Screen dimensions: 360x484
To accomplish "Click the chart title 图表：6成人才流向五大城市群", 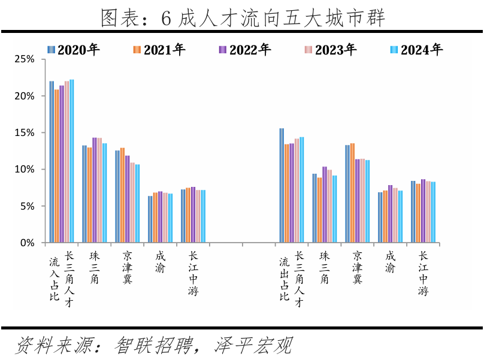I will pyautogui.click(x=242, y=17).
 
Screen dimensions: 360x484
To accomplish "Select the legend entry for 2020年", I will pyautogui.click(x=74, y=50).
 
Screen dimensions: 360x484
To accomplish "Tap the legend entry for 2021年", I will pyautogui.click(x=159, y=50).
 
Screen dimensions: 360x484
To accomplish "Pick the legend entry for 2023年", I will pyautogui.click(x=330, y=50).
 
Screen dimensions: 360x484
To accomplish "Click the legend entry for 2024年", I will pyautogui.click(x=416, y=50).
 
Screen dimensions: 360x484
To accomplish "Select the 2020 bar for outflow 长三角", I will pyautogui.click(x=282, y=186).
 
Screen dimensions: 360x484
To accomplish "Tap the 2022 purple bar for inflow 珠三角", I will pyautogui.click(x=95, y=190).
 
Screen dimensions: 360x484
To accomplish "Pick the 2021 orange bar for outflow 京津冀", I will pyautogui.click(x=352, y=193).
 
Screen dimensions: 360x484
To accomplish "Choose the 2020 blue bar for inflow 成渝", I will pyautogui.click(x=150, y=219).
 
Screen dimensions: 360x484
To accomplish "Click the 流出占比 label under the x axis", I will pyautogui.click(x=285, y=279).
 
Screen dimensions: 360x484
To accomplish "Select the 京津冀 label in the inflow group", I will pyautogui.click(x=127, y=268).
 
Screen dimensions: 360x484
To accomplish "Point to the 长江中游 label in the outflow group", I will pyautogui.click(x=423, y=273).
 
